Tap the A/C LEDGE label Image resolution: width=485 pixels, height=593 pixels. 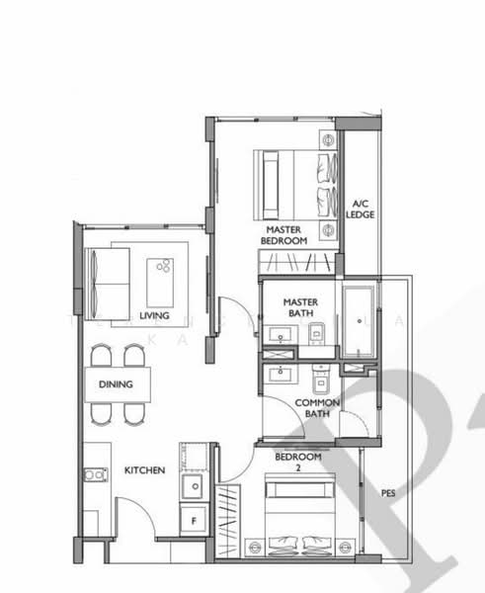pos(361,209)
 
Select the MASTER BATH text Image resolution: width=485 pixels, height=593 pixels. pos(298,307)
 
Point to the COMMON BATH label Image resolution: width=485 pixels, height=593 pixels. pos(318,408)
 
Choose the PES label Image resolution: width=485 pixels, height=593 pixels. pos(389,491)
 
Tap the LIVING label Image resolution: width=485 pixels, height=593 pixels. pos(154,316)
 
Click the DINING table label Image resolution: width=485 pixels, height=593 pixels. pos(116,384)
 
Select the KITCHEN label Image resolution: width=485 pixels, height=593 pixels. pos(144,470)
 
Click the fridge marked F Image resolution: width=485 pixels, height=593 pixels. pos(194,518)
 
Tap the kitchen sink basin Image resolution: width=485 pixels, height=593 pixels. pos(195,485)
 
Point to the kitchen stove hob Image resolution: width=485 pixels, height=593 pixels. pos(95,474)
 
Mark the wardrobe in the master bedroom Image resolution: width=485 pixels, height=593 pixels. pos(297,262)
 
